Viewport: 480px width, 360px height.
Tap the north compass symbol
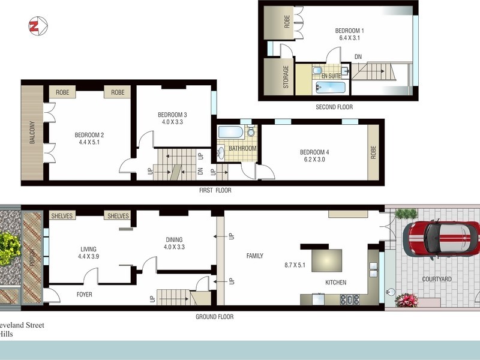[x=35, y=26]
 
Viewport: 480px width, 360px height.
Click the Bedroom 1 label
[x=349, y=30]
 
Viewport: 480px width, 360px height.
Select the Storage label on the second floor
[x=286, y=77]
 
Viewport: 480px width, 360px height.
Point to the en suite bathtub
[x=329, y=89]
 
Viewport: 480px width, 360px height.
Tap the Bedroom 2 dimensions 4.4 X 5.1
[x=89, y=143]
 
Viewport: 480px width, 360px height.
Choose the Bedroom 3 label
[x=172, y=115]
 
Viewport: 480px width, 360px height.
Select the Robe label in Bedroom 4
[x=373, y=152]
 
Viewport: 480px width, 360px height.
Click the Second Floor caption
[x=334, y=107]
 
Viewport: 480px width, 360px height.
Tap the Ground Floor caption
[x=215, y=317]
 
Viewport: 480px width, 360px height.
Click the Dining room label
[x=174, y=241]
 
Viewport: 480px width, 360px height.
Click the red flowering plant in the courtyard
[x=406, y=299]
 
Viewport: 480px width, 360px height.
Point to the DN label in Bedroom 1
[x=358, y=57]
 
